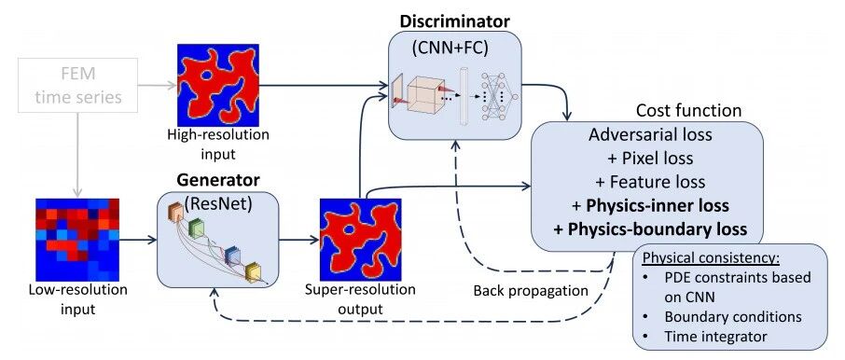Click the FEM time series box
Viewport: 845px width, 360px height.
[77, 85]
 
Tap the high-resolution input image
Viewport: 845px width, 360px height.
[218, 85]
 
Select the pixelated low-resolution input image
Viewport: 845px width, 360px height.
[77, 240]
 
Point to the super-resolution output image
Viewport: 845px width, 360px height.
[361, 240]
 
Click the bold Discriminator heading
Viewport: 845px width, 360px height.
[454, 22]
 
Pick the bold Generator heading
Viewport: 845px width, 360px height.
[218, 180]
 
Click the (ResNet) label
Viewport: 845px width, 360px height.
[218, 204]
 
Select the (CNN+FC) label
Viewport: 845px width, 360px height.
[450, 48]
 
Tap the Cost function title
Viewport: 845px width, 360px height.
[688, 111]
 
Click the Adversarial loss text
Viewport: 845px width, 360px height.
[650, 134]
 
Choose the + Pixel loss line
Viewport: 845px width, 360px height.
[650, 158]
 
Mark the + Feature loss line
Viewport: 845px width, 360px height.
[650, 182]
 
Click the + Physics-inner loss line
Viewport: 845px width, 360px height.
[650, 205]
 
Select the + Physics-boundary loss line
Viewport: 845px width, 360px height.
[650, 229]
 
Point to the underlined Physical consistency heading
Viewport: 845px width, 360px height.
[711, 257]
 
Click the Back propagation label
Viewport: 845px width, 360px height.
[531, 291]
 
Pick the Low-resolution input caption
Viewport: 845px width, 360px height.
[78, 299]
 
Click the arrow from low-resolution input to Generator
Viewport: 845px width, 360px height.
[137, 240]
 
